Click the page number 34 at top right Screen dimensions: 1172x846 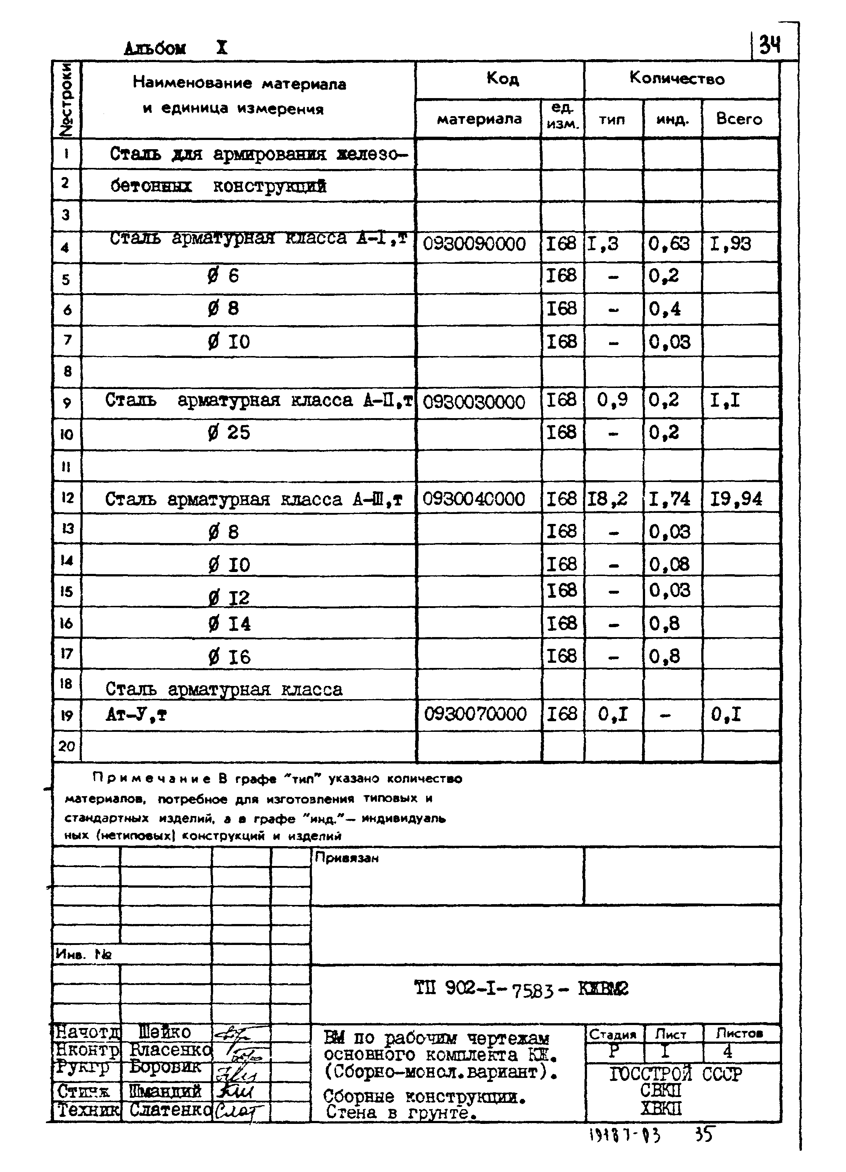point(770,47)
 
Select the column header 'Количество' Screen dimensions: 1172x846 point(677,79)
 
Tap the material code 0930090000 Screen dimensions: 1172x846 point(474,244)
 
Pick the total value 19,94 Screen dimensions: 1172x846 point(736,499)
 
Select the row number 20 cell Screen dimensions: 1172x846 point(66,746)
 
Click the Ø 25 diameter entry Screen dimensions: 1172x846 point(229,432)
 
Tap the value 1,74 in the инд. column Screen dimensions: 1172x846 point(670,499)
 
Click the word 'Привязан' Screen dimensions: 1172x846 point(347,858)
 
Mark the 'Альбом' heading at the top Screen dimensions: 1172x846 point(155,48)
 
